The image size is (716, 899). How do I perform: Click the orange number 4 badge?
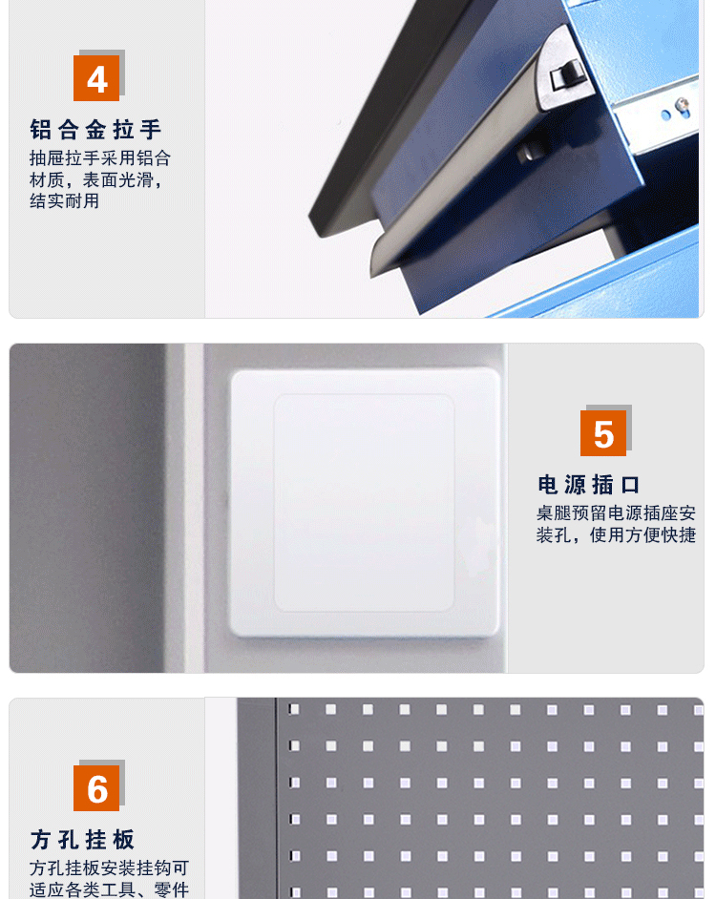point(96,78)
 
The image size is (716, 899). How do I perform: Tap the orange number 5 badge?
point(603,433)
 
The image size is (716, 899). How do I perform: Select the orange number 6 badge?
point(96,787)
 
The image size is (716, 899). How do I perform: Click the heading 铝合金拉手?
point(95,130)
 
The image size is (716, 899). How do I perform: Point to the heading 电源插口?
point(589,485)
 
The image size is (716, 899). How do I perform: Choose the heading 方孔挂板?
point(83,840)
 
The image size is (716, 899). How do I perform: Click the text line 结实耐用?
point(64,201)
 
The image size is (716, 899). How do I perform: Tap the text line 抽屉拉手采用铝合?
point(100,157)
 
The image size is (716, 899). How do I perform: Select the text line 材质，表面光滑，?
point(96,179)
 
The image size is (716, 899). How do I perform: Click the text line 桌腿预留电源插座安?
point(616,512)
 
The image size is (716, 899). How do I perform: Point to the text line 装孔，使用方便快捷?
point(616,534)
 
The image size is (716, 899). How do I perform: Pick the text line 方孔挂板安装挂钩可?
point(109,868)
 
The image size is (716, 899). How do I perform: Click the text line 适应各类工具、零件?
point(109,889)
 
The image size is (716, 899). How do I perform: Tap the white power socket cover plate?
point(365,502)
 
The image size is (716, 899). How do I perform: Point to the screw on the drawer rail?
point(682,105)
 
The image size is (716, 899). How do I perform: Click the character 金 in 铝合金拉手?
point(95,130)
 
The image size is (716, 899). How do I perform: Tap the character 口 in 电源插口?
point(630,485)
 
